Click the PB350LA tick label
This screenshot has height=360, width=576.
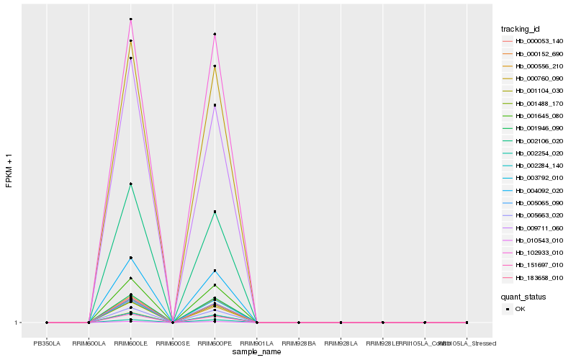(47, 343)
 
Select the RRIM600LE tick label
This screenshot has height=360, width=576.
(131, 343)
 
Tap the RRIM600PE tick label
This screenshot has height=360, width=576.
(215, 343)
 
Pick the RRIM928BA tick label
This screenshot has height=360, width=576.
(299, 343)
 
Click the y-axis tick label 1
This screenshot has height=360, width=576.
(16, 323)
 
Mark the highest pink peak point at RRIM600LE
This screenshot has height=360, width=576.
(131, 19)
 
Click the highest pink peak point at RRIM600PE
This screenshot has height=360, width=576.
(215, 34)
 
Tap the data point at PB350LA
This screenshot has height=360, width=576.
(47, 323)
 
